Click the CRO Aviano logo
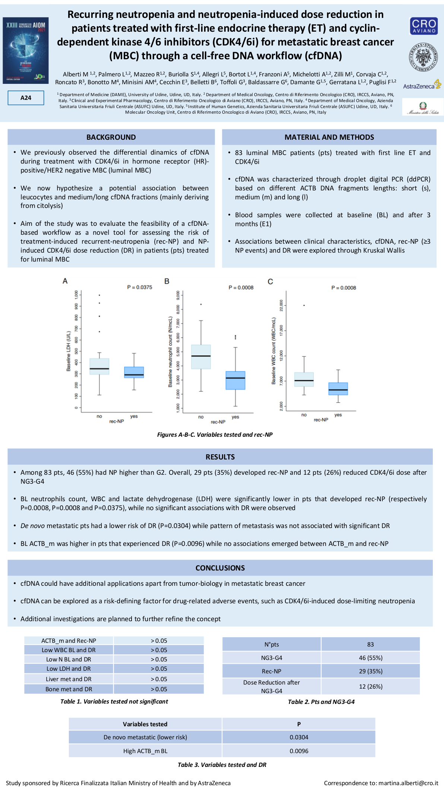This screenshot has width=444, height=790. (424, 26)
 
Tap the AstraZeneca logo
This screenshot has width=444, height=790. (422, 85)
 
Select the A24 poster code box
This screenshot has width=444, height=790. (26, 98)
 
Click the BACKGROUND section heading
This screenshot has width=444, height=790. (111, 137)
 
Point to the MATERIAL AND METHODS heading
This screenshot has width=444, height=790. (329, 137)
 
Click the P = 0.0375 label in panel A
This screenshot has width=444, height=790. (140, 287)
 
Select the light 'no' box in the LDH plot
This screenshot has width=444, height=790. (99, 366)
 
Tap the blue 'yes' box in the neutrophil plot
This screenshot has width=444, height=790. (235, 380)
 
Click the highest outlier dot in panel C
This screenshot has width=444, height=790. (304, 306)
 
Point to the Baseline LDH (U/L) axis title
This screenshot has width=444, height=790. (69, 351)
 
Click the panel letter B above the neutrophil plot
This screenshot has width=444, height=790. (167, 281)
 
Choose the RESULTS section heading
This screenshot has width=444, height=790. (220, 457)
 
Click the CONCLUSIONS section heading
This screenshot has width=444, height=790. (220, 568)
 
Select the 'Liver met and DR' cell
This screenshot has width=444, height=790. (69, 679)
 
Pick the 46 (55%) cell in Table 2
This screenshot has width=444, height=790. (371, 658)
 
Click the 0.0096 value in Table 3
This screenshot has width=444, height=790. (299, 751)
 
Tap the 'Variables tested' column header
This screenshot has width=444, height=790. (145, 724)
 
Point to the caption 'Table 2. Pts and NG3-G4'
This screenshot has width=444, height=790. (321, 702)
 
